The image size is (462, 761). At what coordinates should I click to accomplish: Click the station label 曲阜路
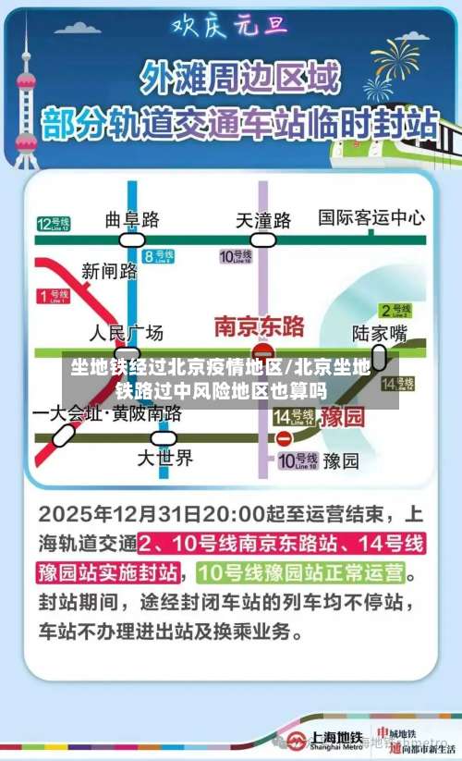coord(132,219)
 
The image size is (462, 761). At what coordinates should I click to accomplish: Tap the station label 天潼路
coord(263,220)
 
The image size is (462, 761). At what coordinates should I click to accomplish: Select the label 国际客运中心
coord(371,217)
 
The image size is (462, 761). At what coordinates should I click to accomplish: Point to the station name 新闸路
coord(109,270)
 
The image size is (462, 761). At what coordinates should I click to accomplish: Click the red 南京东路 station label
coord(259,325)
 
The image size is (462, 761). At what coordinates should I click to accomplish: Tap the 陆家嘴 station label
coord(380,333)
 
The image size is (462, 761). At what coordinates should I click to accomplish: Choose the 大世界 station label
coord(165,457)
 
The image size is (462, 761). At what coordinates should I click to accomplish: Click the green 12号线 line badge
coord(54,223)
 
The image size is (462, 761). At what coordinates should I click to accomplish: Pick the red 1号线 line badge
coord(54,296)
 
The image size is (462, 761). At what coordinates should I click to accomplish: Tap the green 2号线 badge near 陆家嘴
coord(395,310)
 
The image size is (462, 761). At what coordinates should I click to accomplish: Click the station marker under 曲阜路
coord(132,239)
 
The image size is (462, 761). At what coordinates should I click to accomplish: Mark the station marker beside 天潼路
coord(263,239)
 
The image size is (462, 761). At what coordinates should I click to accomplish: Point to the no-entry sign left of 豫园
coord(285,436)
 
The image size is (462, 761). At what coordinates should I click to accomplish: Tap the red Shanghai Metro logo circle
coord(295,739)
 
